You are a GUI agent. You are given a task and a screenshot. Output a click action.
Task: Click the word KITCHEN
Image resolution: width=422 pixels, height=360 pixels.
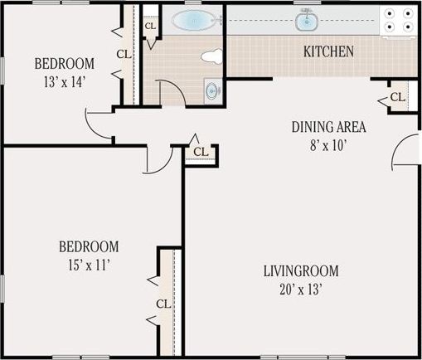click(x=328, y=52)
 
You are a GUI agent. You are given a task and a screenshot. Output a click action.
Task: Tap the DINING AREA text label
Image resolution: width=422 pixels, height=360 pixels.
click(x=328, y=127)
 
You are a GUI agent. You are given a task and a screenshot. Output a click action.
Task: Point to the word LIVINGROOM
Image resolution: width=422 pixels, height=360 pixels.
click(x=301, y=271)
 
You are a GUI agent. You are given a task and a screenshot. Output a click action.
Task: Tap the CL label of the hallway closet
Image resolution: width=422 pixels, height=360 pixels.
click(x=201, y=152)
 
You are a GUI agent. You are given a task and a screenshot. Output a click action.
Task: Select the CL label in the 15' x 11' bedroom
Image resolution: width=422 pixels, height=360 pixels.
click(x=162, y=303)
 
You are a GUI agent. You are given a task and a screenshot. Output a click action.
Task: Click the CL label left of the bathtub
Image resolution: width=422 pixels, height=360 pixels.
click(x=150, y=26)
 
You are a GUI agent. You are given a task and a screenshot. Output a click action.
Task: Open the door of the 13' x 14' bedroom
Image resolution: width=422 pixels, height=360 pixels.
click(x=97, y=124)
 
